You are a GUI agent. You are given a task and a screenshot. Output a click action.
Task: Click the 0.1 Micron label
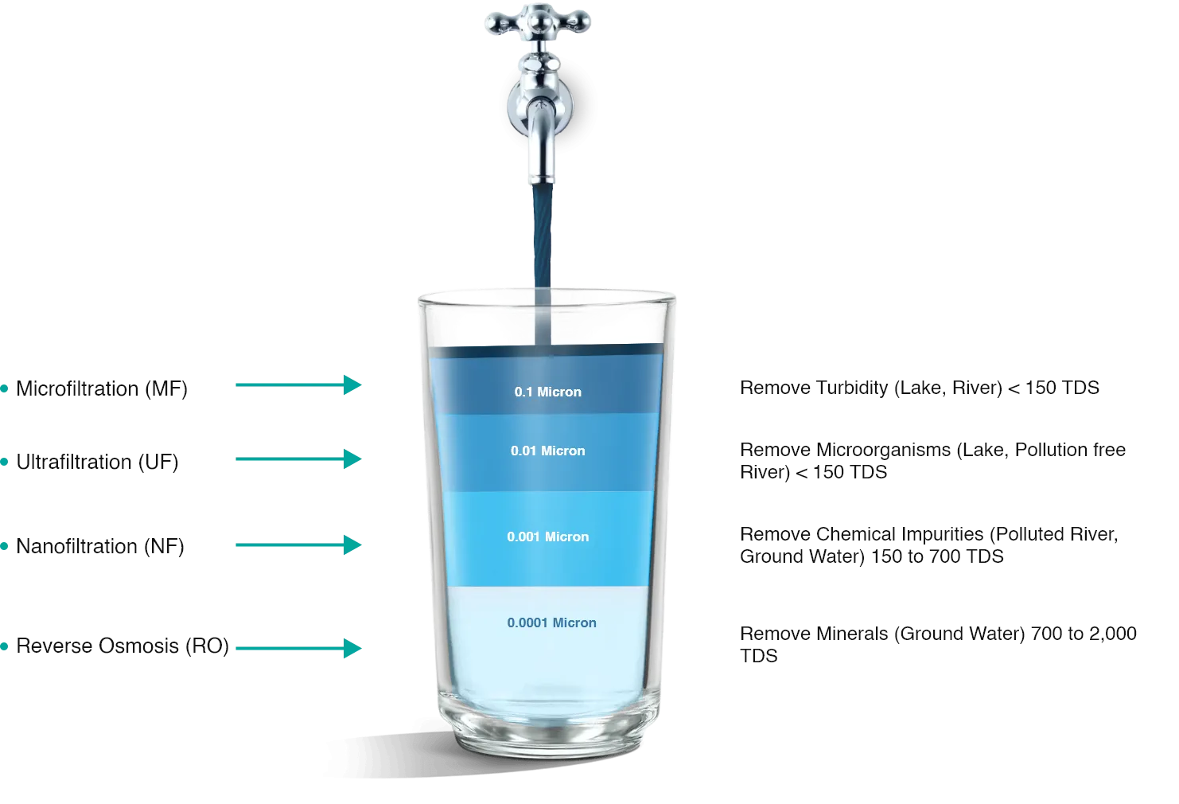click(x=547, y=392)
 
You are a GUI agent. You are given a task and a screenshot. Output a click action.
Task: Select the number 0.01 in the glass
click(x=523, y=451)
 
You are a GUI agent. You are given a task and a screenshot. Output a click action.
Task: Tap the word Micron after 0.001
click(x=567, y=537)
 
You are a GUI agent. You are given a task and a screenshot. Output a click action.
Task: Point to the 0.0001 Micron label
click(x=551, y=623)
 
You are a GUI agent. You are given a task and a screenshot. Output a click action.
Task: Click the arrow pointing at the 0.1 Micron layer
click(x=298, y=385)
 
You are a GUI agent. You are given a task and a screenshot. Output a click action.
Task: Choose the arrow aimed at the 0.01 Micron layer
click(x=298, y=459)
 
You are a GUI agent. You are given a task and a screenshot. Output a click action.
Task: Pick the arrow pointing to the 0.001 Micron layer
click(x=298, y=545)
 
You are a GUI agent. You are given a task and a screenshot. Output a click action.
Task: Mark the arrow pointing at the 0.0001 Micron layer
click(x=298, y=649)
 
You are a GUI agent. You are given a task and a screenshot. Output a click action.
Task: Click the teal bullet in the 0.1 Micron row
click(x=5, y=389)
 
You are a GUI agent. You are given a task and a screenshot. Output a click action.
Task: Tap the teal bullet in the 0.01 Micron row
click(x=5, y=462)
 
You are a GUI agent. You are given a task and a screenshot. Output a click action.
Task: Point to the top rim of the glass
click(x=547, y=295)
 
